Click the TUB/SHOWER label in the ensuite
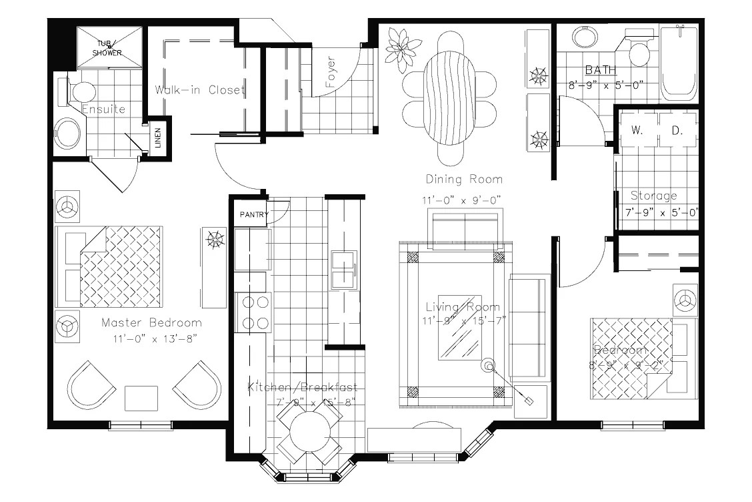coord(107,48)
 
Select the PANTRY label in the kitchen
coord(253,215)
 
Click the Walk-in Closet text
coord(200,90)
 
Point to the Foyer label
coord(331,75)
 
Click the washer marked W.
coord(636,131)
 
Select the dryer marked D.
coord(677,131)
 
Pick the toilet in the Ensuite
coord(79,91)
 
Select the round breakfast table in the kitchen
coord(309,433)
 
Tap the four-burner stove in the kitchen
coord(253,312)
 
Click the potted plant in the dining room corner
coord(403,48)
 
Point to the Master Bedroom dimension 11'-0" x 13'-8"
coord(151,338)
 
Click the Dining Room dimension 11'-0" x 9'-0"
coord(461,200)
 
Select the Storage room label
coord(653,196)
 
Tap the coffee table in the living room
coord(459,326)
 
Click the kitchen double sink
coord(344,270)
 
